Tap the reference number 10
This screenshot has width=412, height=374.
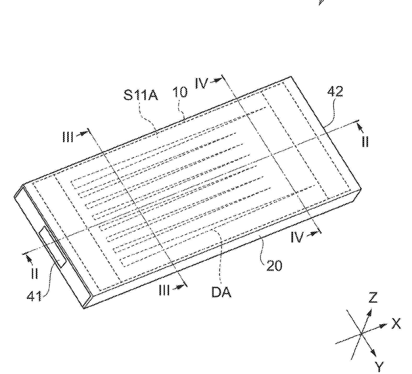(x=180, y=92)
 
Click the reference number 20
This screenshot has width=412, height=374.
(x=274, y=266)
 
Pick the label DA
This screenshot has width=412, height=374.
(x=221, y=292)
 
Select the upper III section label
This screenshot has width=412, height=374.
(x=68, y=137)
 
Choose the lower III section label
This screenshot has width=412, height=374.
(x=164, y=290)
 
